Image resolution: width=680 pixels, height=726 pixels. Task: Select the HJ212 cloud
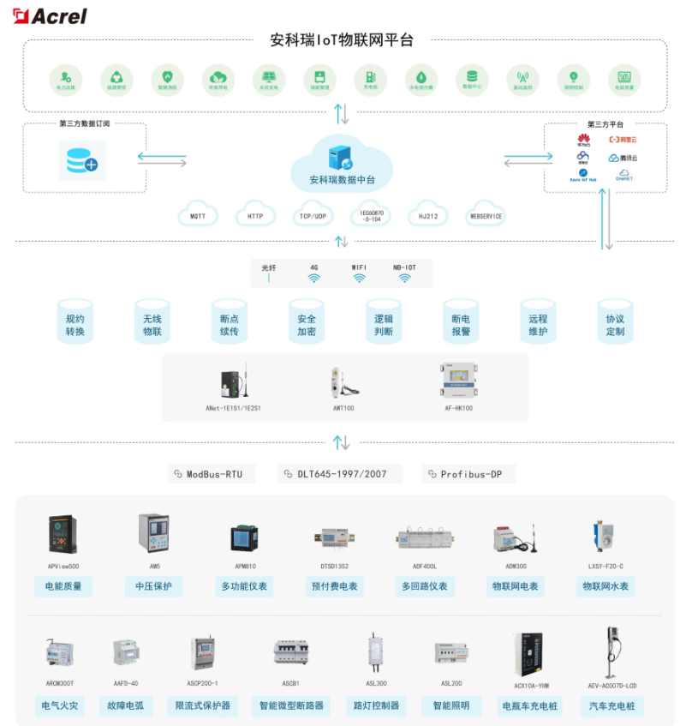click(427, 215)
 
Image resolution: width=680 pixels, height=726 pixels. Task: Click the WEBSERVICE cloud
click(486, 215)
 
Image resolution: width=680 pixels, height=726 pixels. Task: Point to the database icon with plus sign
click(82, 160)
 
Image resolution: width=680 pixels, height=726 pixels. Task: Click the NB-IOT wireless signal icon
click(404, 278)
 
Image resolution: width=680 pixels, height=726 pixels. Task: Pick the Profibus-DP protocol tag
click(468, 474)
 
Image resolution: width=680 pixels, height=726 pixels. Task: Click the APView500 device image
click(63, 536)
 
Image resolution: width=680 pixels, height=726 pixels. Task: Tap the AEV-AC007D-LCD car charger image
click(612, 651)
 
